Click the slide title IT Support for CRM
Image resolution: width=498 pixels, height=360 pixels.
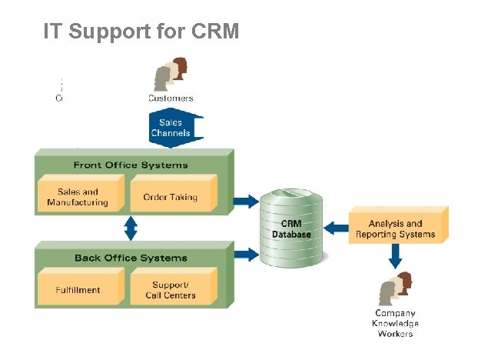pos(141,32)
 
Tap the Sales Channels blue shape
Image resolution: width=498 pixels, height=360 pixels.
pos(176,128)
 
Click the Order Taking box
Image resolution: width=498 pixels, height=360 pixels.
pos(170,198)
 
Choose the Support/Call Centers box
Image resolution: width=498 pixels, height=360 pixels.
pos(170,290)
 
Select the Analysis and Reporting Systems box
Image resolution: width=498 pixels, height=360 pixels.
pos(396,229)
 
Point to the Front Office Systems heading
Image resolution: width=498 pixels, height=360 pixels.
pos(131,165)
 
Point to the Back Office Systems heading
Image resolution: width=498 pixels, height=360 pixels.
pos(131,258)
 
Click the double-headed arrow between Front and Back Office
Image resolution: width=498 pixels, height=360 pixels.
pos(131,228)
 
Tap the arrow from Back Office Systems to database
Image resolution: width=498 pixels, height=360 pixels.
pos(246,253)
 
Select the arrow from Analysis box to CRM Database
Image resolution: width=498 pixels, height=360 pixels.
pos(336,228)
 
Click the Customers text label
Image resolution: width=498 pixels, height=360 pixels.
pos(171,98)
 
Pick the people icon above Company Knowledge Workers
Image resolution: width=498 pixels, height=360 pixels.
pos(396,290)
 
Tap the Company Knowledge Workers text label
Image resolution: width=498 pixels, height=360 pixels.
pos(396,323)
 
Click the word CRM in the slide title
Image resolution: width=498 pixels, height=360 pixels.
pos(217,32)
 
